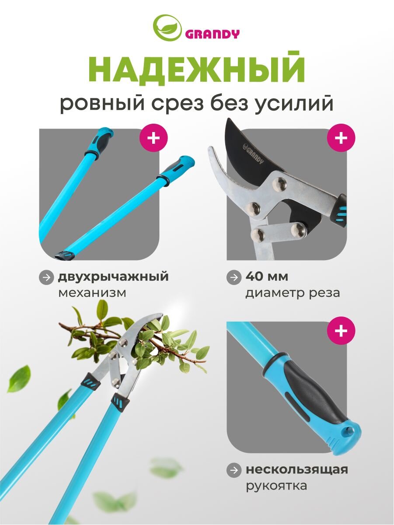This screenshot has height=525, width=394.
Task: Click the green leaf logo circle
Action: pos(167,28)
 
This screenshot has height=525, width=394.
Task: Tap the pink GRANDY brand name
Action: pos(212,34)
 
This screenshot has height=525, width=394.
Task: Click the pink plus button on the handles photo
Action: pos(153,138)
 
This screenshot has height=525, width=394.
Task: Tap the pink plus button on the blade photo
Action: pos(341,138)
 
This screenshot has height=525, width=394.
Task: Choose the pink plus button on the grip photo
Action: pos(341,331)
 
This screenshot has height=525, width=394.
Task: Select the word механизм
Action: pos(92,293)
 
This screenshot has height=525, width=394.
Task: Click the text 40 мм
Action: pos(267,277)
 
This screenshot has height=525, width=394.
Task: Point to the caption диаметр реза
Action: pos(293,293)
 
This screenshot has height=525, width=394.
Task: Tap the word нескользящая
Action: pos(297,469)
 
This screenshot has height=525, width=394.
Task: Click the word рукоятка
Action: pos(276,486)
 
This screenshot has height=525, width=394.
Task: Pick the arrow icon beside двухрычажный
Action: pos(46,278)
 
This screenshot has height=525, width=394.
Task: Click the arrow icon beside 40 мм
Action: pos(234,278)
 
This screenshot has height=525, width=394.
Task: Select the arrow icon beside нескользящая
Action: pos(234,470)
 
